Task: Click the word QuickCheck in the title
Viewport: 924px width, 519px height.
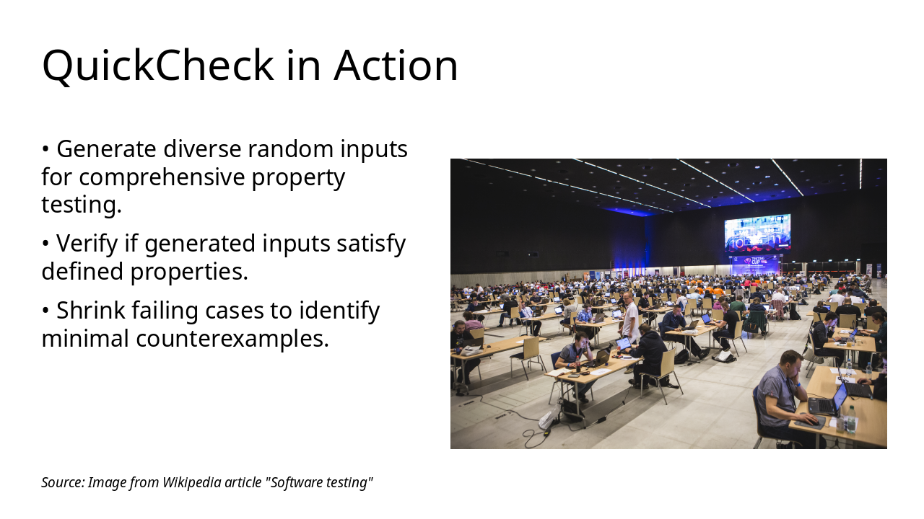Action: click(157, 66)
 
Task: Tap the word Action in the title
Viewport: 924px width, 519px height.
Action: click(396, 66)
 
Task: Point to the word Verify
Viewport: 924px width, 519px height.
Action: click(86, 244)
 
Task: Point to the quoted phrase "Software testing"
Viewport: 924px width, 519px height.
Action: click(320, 482)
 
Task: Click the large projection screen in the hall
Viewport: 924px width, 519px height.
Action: click(757, 233)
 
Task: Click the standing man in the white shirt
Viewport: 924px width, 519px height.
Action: click(630, 317)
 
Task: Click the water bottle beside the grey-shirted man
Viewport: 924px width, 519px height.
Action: click(850, 420)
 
